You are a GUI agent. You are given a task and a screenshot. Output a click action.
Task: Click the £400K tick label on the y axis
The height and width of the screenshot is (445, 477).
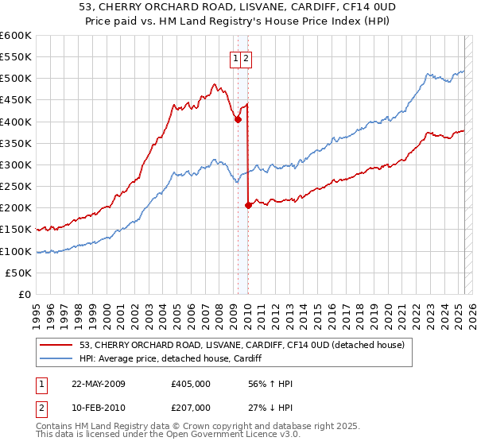pyautogui.click(x=16, y=122)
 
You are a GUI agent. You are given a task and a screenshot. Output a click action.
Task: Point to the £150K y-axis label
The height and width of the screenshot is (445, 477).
pyautogui.click(x=16, y=230)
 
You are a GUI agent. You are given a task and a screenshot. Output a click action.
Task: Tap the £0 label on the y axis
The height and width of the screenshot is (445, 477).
pyautogui.click(x=24, y=295)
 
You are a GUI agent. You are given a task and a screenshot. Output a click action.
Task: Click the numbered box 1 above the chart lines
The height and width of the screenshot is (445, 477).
pyautogui.click(x=236, y=58)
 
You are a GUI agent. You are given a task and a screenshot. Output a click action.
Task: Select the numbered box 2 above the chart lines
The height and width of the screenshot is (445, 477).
pyautogui.click(x=246, y=58)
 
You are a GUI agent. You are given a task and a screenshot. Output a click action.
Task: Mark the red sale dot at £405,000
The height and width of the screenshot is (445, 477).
pyautogui.click(x=238, y=119)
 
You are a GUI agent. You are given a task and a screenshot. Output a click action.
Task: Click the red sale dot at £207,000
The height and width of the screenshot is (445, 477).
pyautogui.click(x=248, y=205)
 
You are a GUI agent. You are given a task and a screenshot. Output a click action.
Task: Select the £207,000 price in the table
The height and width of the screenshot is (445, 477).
pyautogui.click(x=191, y=408)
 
